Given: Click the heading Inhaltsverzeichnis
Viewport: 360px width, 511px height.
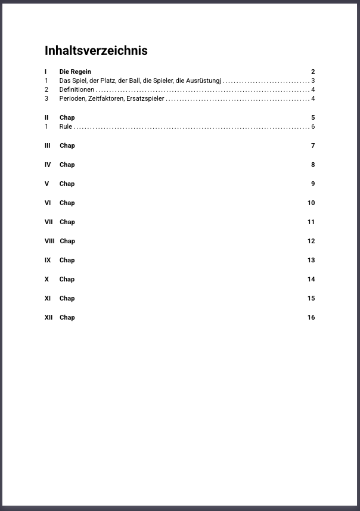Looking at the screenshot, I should tap(96, 51).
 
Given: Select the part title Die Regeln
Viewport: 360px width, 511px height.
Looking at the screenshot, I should tap(75, 72).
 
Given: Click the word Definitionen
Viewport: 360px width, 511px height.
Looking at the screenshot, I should tap(77, 89).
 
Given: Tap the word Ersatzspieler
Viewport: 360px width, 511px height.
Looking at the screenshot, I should tap(144, 98).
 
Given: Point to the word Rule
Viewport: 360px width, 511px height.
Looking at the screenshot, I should tap(66, 126).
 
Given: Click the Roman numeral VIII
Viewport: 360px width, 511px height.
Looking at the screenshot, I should tap(49, 241).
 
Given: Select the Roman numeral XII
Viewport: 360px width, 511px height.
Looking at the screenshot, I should tap(48, 317).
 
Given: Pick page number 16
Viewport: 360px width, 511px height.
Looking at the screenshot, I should tap(311, 317).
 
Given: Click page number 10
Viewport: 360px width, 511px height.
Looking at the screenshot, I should tap(311, 203).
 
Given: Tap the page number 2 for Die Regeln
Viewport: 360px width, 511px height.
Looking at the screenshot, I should tap(313, 72).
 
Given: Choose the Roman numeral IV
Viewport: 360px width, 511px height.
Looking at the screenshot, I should tap(48, 165).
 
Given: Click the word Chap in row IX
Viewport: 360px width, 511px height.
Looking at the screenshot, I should tap(67, 260).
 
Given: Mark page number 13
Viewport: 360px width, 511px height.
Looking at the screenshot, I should tap(311, 260).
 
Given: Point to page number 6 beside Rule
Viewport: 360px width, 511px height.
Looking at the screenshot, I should tap(313, 126).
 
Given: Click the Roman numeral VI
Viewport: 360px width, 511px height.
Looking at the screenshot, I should tap(48, 203).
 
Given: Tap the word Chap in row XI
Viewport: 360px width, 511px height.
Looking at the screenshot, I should tap(67, 298).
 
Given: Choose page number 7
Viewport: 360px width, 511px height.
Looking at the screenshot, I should tap(313, 145).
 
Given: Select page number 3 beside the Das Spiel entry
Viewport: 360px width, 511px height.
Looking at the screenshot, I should tap(313, 80).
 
